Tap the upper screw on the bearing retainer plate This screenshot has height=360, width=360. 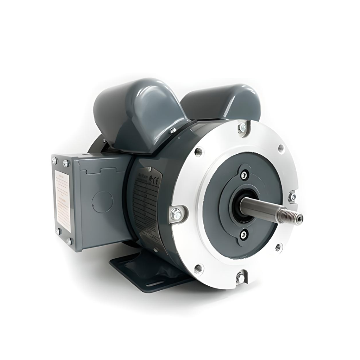pyautogui.click(x=244, y=175)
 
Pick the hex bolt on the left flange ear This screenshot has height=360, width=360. pyautogui.click(x=176, y=216)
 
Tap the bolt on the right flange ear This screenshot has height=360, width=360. pyautogui.click(x=292, y=197)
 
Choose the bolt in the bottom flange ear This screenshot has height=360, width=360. pyautogui.click(x=240, y=278)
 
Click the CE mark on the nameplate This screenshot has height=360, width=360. pyautogui.click(x=154, y=180)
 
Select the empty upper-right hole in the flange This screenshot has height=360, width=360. pyautogui.click(x=281, y=148)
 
